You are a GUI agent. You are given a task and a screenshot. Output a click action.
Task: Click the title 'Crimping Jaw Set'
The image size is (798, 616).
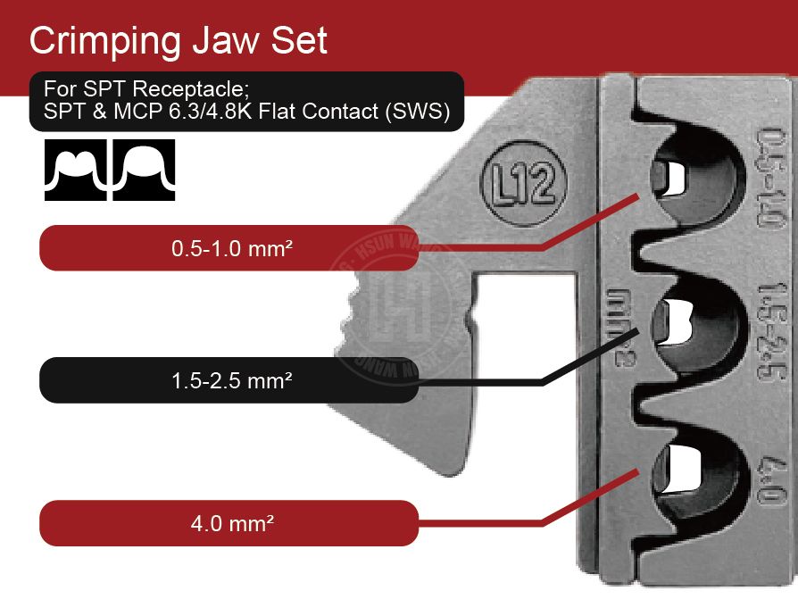[x=179, y=40]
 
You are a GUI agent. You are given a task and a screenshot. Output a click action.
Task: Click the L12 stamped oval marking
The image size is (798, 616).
[x=524, y=186]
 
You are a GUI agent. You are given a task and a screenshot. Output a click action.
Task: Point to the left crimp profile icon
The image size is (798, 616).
[x=76, y=170]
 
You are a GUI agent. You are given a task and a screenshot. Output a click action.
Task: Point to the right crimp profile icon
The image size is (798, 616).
[x=144, y=170]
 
